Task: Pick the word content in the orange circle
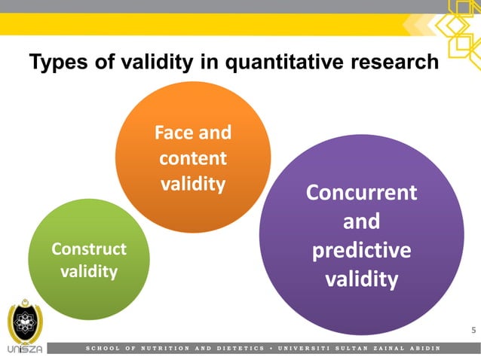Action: (192, 159)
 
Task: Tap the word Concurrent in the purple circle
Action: (361, 193)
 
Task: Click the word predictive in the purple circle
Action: (362, 250)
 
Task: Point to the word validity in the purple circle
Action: (361, 279)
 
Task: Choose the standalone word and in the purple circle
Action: (361, 222)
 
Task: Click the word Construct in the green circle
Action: (88, 249)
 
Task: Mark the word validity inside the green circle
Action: (88, 271)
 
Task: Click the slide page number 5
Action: (473, 330)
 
